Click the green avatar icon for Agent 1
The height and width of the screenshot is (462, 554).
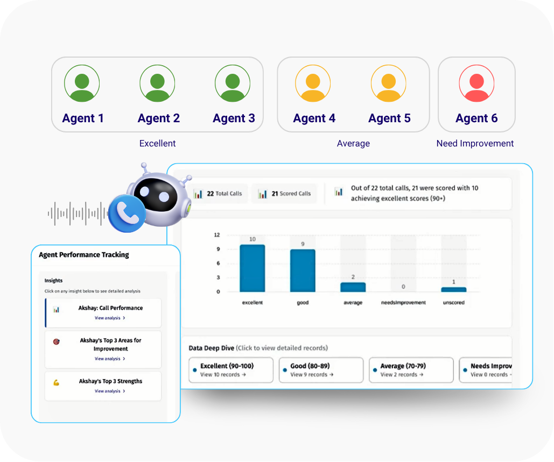point(82,83)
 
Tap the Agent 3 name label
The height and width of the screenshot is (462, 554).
point(234,118)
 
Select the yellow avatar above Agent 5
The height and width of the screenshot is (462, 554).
point(388,83)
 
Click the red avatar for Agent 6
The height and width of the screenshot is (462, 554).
point(476,83)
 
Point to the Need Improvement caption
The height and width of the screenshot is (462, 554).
point(475,144)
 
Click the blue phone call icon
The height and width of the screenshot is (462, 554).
point(127,213)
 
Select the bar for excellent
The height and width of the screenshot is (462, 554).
point(252,268)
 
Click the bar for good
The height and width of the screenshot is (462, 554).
point(303,270)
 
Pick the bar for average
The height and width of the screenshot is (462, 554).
point(353,287)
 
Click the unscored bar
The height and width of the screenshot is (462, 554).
point(453,289)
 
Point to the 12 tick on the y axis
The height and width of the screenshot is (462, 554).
point(217,235)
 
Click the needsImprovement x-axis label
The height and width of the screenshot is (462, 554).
point(403,303)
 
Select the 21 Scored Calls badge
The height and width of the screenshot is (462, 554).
point(284,194)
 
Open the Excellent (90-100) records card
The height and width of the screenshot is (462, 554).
point(230,370)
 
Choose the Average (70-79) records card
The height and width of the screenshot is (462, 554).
point(411,370)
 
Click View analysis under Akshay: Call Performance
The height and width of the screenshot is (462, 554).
point(110,318)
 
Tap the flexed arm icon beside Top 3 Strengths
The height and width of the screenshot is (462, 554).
point(56,382)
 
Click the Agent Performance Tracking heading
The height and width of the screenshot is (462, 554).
point(84,255)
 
